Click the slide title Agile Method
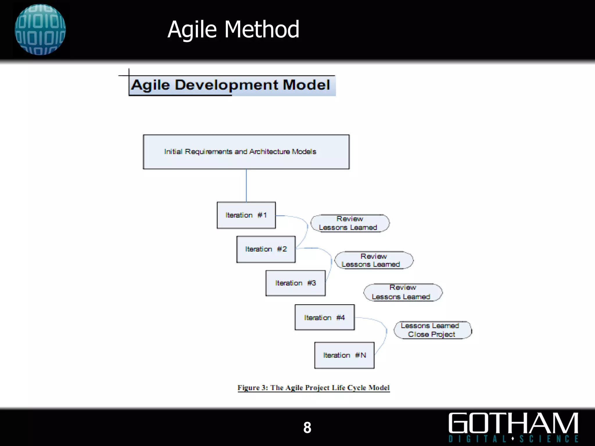[233, 29]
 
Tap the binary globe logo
[40, 29]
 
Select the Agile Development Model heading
[231, 85]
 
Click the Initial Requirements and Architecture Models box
[246, 152]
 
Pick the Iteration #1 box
[246, 215]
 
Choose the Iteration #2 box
[266, 249]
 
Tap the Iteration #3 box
[295, 283]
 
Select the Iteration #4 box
[325, 317]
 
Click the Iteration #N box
[344, 355]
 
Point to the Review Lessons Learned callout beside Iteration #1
[350, 223]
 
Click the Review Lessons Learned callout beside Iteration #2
[374, 260]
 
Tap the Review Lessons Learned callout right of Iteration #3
[403, 292]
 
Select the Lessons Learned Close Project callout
[432, 330]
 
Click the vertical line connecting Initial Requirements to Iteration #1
[246, 185]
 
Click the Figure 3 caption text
[313, 388]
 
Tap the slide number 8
[307, 427]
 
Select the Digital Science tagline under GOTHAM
[513, 439]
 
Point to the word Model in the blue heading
[306, 85]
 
